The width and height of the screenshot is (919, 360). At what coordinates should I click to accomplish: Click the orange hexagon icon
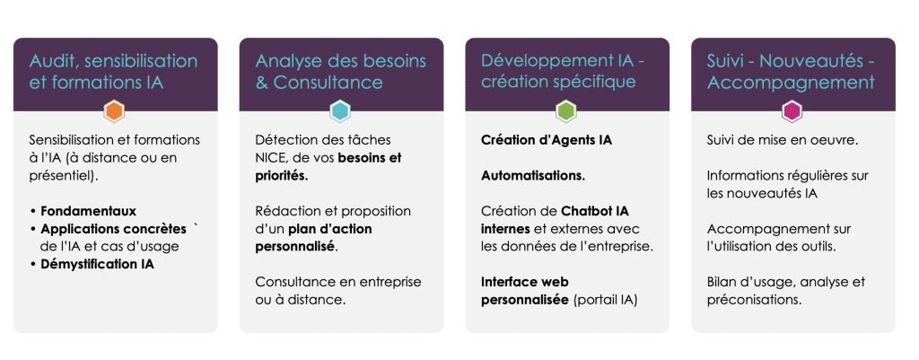(x=114, y=110)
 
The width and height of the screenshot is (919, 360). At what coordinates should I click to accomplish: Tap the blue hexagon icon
(x=340, y=110)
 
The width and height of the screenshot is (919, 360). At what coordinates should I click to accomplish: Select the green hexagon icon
(x=566, y=110)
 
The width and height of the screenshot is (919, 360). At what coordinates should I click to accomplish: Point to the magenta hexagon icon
(x=792, y=110)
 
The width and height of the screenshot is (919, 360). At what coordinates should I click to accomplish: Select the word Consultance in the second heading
(x=328, y=82)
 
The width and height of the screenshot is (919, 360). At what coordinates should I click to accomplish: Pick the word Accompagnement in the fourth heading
(x=791, y=83)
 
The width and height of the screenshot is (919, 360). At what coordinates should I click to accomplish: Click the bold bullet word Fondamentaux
(x=89, y=210)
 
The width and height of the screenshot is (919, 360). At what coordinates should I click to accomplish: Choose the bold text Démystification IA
(x=97, y=264)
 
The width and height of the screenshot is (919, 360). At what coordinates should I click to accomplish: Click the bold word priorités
(x=281, y=177)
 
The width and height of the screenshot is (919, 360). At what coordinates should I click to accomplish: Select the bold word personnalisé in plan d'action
(x=296, y=246)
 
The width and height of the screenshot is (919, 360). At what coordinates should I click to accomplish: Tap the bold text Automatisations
(x=533, y=176)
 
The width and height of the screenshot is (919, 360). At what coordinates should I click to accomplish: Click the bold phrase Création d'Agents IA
(x=547, y=141)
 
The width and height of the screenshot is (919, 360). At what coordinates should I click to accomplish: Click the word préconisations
(x=754, y=300)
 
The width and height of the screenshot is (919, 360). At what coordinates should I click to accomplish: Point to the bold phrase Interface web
(x=525, y=282)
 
